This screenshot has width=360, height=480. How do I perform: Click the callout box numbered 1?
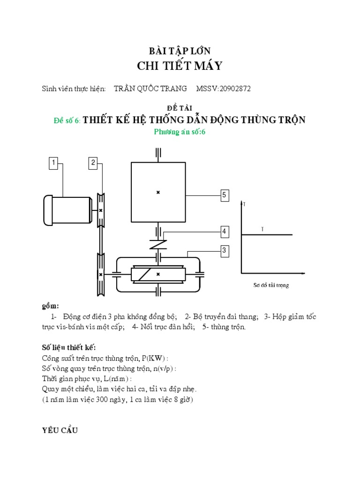[54, 163]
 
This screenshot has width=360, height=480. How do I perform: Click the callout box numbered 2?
[93, 163]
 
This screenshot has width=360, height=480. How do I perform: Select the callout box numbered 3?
[225, 251]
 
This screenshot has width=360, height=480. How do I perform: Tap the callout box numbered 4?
[225, 232]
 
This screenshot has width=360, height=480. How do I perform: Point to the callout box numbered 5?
[225, 195]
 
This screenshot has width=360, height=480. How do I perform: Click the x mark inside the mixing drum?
[158, 192]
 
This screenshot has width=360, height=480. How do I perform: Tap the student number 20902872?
[232, 89]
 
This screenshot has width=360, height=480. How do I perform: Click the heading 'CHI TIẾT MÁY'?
[180, 66]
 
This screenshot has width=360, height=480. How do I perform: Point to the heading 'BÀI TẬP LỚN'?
[180, 52]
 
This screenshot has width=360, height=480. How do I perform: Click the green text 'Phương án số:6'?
[180, 132]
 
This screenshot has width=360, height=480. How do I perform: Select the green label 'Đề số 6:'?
[67, 120]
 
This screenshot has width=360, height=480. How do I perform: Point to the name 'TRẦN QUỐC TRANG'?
[150, 89]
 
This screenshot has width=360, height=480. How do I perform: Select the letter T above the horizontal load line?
[262, 229]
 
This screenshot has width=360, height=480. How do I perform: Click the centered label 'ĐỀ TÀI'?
[180, 108]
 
